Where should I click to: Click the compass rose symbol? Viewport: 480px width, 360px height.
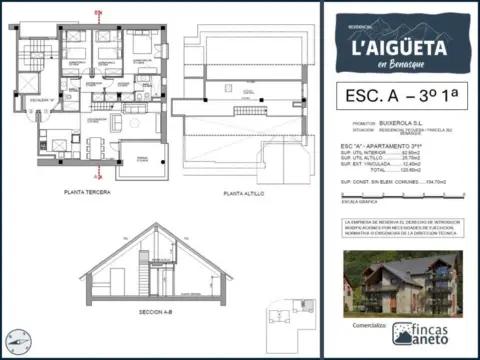(17, 342)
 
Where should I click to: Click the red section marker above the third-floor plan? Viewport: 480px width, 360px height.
(96, 11)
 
